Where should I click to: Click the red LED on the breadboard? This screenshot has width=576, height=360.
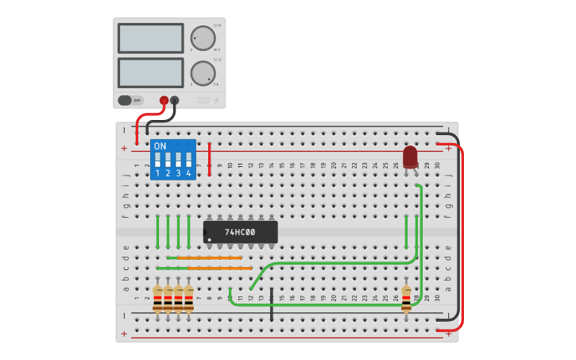pyautogui.click(x=410, y=156)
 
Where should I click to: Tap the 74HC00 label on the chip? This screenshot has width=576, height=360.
pyautogui.click(x=240, y=232)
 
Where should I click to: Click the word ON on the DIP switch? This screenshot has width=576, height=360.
pyautogui.click(x=160, y=146)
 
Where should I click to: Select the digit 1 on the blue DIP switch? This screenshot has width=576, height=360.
pyautogui.click(x=157, y=173)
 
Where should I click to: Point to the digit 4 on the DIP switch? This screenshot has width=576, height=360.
pyautogui.click(x=188, y=173)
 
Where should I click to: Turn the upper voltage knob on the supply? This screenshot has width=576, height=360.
pyautogui.click(x=203, y=37)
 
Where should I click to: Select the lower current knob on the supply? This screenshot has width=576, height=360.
pyautogui.click(x=203, y=73)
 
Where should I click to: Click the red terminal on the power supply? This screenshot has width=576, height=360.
pyautogui.click(x=164, y=100)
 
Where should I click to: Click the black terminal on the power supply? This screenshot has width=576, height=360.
pyautogui.click(x=175, y=100)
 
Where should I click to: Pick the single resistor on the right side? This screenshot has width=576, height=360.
pyautogui.click(x=406, y=299)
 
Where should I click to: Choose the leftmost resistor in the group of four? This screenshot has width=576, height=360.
pyautogui.click(x=158, y=300)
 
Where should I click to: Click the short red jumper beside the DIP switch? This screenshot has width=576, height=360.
pyautogui.click(x=209, y=159)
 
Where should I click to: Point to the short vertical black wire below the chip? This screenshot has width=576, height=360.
pyautogui.click(x=272, y=305)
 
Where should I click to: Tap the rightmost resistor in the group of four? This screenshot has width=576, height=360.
pyautogui.click(x=189, y=300)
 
